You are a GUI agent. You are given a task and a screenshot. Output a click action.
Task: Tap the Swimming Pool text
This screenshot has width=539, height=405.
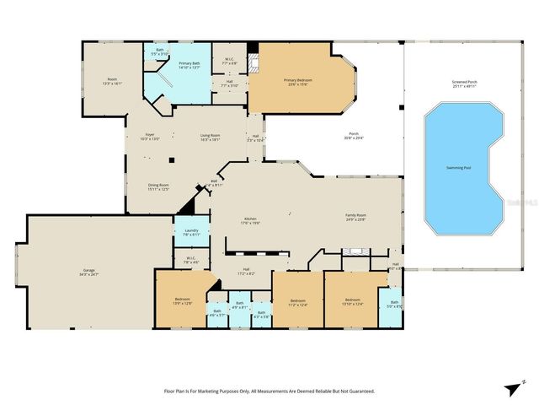(x=459, y=168)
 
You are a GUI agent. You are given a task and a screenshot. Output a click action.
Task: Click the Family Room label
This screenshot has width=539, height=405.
(x=355, y=217)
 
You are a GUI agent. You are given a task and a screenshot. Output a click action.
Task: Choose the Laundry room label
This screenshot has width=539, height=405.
(x=191, y=231)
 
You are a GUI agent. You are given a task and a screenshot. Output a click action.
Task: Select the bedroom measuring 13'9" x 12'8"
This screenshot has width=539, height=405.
(x=183, y=301)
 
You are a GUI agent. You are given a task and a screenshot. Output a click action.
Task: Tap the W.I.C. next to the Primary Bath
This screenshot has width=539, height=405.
(x=229, y=61)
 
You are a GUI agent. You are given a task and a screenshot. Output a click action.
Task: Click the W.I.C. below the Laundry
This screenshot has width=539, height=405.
(x=191, y=260)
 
